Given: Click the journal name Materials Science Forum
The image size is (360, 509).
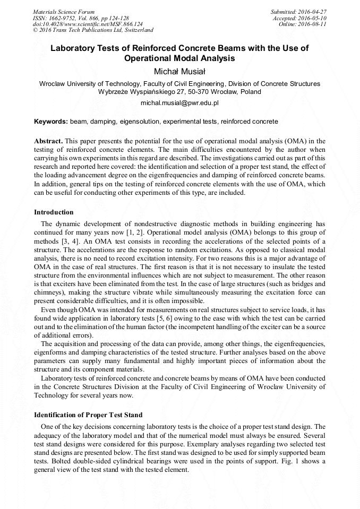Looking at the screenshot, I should click(x=64, y=11).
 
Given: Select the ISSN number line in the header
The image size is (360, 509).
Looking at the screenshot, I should click(x=81, y=18).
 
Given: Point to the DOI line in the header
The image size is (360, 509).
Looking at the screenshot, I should click(x=88, y=24).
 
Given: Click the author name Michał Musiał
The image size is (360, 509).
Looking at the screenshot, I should click(x=179, y=71).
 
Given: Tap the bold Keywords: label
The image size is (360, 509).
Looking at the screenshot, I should click(x=51, y=122).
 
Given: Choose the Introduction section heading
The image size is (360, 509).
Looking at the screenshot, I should click(x=54, y=212).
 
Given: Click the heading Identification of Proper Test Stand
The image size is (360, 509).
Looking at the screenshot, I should click(x=88, y=415).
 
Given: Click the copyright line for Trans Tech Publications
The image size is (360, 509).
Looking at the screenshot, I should click(x=93, y=30).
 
